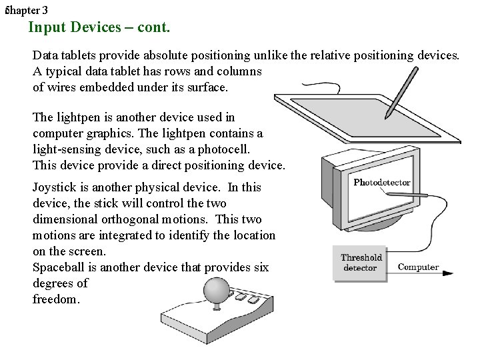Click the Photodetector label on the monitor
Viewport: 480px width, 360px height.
coord(381,182)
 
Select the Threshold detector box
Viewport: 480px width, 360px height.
coord(361,263)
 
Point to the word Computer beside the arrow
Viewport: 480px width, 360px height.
coord(418,267)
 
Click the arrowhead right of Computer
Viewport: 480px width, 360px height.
coord(448,271)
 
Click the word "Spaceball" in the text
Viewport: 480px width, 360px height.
coord(58,267)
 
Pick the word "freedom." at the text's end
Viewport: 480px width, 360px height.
coord(56,299)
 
